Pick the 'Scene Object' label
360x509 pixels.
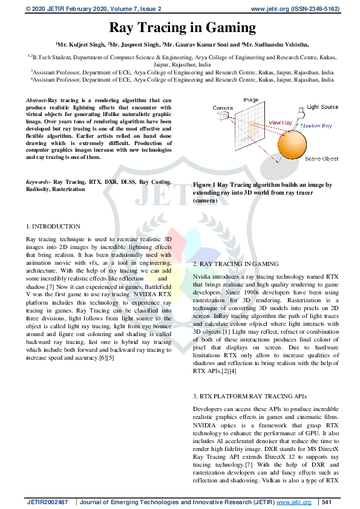tap(321, 158)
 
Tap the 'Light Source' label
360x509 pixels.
tap(322, 107)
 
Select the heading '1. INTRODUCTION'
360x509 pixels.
tap(53, 226)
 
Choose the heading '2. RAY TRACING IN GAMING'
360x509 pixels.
tap(236, 265)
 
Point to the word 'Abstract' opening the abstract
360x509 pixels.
tap(36, 99)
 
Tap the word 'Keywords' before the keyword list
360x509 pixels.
tap(38, 181)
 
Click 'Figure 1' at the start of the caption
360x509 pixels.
tap(204, 185)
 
